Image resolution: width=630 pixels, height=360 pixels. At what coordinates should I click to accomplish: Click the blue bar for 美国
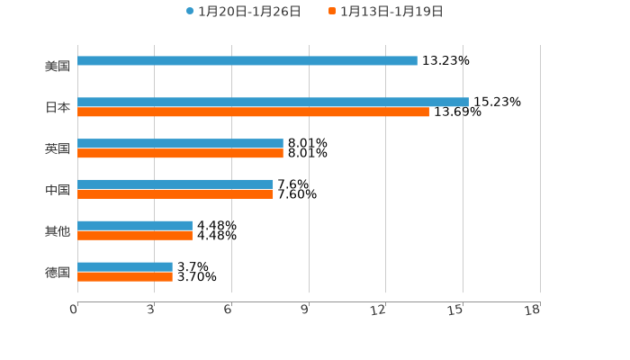coord(247,61)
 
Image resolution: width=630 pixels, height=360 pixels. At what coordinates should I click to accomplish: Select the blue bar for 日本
coord(273,102)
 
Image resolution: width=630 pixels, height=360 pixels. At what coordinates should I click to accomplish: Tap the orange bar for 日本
coord(253,112)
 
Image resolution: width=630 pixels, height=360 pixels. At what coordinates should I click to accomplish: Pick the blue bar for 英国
coord(180,143)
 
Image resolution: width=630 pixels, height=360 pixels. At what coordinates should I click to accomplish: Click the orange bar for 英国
coord(180,154)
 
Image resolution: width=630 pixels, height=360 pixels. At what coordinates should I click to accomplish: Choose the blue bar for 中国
coord(175,184)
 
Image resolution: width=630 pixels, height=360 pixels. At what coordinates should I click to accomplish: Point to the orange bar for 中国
coord(175,194)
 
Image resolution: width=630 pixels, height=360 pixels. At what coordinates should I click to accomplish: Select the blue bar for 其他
coord(135,225)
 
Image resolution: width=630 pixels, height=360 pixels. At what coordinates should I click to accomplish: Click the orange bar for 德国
coord(125,277)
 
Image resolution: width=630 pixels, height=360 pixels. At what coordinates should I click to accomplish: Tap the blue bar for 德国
coord(125,266)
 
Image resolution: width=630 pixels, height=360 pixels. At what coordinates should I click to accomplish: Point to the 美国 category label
coord(58,66)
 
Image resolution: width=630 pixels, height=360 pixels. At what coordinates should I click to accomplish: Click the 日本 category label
coord(58,107)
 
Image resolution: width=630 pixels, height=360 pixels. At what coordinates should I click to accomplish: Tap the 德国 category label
coord(58,272)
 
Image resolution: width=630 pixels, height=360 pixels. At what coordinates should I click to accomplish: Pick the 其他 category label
coord(58,230)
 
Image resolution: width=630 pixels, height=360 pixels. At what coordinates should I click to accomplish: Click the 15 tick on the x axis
coord(456,310)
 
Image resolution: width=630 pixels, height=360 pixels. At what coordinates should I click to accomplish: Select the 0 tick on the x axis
coord(74,310)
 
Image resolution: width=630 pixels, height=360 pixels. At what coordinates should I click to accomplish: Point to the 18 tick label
coord(533,310)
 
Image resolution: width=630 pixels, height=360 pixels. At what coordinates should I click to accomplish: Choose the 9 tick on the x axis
coord(305,310)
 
